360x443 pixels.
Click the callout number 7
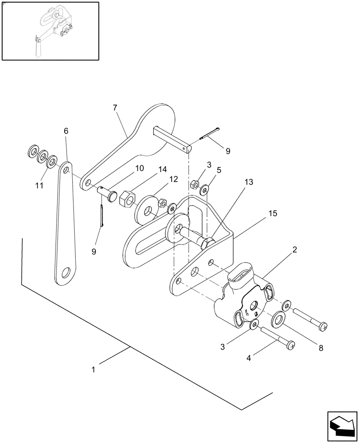pos(115,108)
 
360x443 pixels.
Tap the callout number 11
pos(39,185)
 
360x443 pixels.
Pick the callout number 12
pos(173,179)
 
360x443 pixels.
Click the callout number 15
pos(273,213)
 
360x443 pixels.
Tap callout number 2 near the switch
pos(294,250)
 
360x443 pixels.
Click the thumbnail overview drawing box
pos(50,31)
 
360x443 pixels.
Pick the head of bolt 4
pos(291,344)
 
